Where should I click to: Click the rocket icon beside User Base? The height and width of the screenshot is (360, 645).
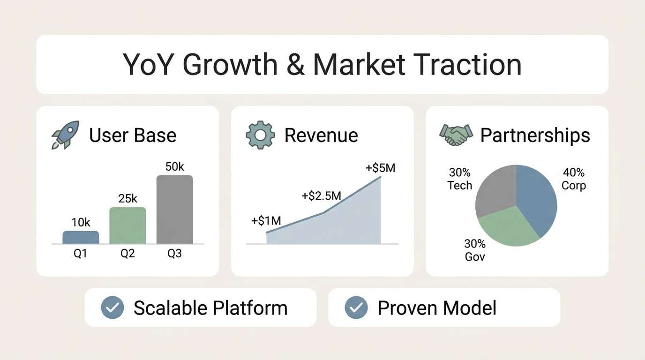[65, 135]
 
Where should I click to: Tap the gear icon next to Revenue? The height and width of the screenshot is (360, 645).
[260, 135]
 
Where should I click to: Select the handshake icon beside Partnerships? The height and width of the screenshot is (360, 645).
[455, 135]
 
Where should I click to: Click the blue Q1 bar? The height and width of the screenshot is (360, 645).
[81, 237]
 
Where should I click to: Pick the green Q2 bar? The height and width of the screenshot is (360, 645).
[127, 225]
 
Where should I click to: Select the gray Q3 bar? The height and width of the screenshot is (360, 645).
[174, 210]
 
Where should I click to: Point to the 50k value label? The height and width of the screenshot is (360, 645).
[175, 166]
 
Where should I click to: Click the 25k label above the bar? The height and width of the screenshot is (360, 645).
[127, 199]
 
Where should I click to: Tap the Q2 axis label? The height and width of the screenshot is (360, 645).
[127, 254]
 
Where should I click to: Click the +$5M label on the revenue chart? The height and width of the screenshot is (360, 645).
[380, 167]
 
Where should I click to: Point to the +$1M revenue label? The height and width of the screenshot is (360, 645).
[266, 221]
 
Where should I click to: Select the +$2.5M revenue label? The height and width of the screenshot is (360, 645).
[321, 195]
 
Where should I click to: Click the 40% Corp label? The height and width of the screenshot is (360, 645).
[574, 179]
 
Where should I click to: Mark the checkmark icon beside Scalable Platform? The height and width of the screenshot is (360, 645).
[112, 308]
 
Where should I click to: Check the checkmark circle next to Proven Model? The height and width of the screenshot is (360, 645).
[356, 308]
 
